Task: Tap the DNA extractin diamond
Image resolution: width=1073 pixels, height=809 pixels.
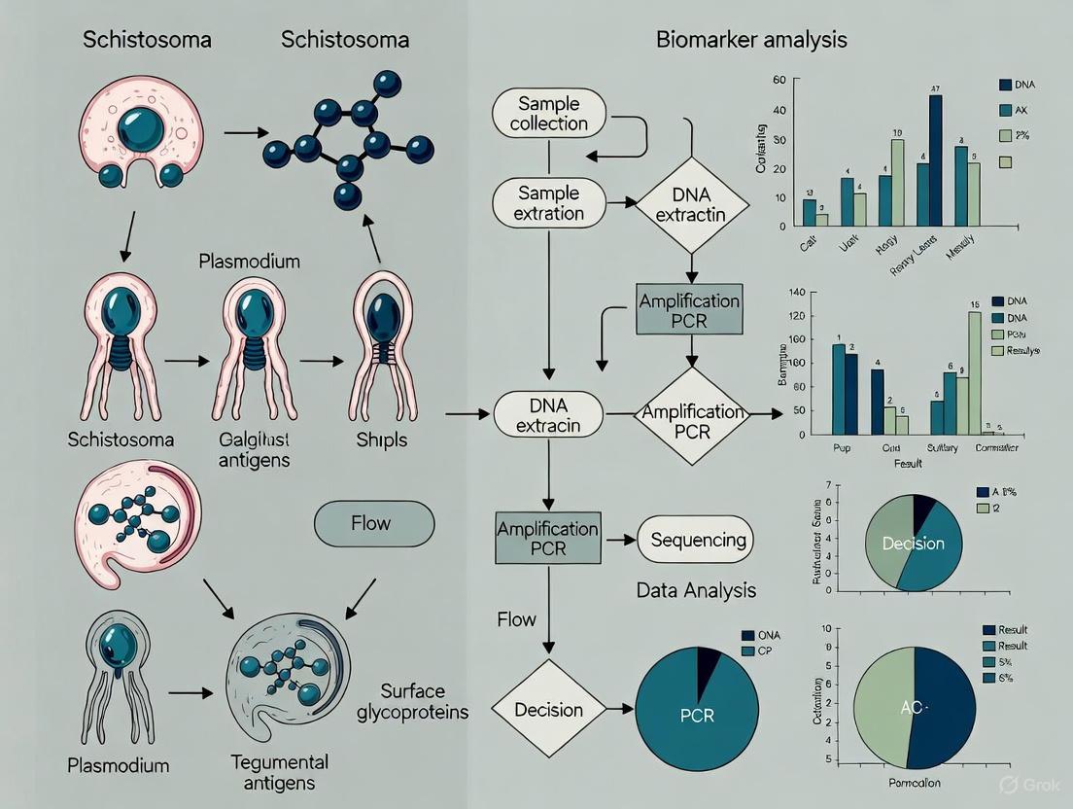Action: point(692,203)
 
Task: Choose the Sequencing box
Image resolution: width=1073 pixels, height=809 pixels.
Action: point(698,540)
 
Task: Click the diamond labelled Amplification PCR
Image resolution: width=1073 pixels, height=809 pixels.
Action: point(691,419)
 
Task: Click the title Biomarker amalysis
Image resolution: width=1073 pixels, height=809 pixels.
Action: point(751,41)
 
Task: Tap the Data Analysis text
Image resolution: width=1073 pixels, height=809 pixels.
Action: point(696,590)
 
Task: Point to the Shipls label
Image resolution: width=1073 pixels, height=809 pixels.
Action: point(383,440)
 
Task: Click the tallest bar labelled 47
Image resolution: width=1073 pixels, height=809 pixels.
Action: point(936,160)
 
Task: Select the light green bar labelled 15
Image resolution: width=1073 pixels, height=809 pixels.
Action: point(975,371)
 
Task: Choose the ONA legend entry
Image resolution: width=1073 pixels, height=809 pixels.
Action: point(766,636)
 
